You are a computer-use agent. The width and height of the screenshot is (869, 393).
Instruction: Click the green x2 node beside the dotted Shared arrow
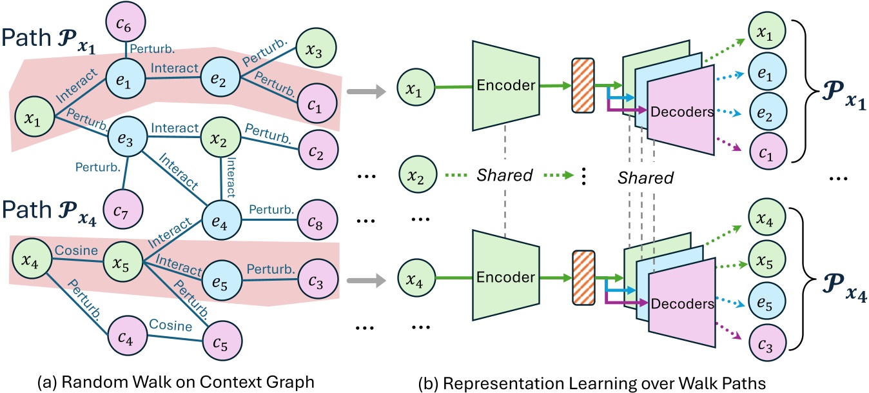coord(416,175)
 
